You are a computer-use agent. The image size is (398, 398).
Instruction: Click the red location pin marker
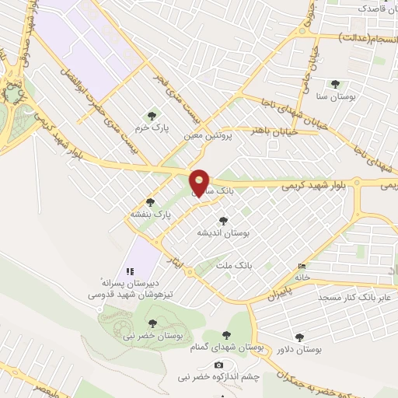click(200, 182)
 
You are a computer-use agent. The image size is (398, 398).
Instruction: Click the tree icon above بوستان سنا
click(336, 84)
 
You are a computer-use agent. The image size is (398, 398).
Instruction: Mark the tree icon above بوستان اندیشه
click(224, 221)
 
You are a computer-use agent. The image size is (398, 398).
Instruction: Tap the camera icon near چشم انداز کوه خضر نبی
click(218, 365)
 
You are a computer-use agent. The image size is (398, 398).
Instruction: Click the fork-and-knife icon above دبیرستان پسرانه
click(130, 271)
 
